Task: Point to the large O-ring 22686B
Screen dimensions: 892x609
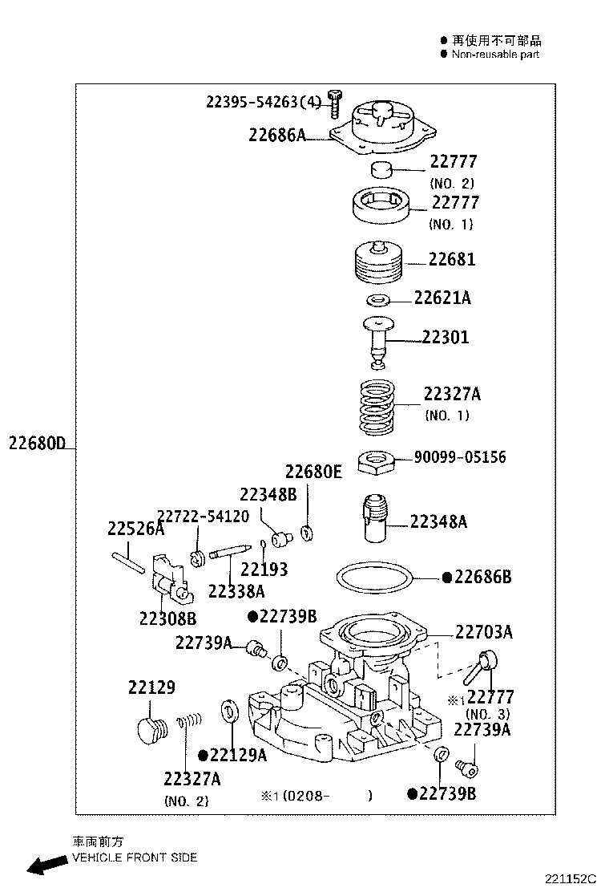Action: click(x=375, y=578)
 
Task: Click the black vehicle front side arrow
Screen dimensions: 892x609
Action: click(x=46, y=865)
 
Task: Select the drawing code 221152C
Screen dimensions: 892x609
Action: click(x=573, y=879)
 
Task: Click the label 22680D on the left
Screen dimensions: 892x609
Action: click(x=37, y=443)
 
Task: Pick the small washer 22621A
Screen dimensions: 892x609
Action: click(x=377, y=300)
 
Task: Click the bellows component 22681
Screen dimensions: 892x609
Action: click(x=377, y=262)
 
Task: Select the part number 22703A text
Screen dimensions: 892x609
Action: click(x=484, y=633)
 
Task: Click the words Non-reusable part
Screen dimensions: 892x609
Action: click(x=495, y=55)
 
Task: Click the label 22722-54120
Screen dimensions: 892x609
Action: click(x=203, y=516)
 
